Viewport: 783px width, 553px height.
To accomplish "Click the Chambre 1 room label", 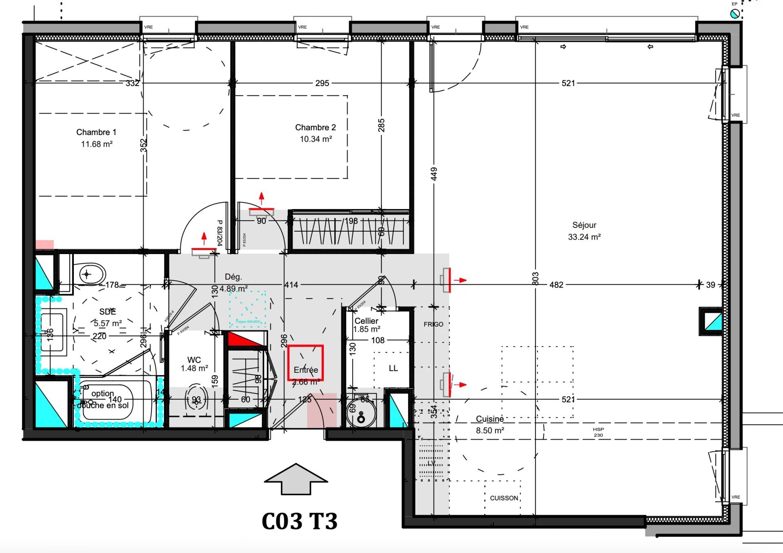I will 96,132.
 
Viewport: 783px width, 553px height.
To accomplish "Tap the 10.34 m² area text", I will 316,139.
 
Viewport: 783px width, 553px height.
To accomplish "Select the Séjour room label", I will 584,225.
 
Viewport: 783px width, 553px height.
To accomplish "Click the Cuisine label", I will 489,419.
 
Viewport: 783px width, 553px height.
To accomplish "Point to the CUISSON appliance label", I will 504,498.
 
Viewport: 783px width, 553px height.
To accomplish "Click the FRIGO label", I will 433,324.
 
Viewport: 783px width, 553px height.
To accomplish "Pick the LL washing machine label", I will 393,368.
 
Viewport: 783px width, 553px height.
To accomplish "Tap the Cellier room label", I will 366,321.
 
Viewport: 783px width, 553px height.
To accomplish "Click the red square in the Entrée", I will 305,363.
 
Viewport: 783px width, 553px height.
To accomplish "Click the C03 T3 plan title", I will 300,521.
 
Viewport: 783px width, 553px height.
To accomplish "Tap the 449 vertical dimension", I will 434,174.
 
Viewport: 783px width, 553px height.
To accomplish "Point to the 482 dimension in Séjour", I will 556,285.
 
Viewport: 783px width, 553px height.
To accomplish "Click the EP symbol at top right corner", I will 735,13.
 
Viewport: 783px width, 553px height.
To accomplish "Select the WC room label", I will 194,360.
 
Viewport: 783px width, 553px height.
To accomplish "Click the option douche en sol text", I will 103,399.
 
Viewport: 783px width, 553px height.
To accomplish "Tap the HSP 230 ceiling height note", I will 598,432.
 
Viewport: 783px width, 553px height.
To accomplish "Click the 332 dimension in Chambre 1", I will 133,83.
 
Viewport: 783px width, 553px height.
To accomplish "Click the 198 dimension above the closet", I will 351,221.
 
